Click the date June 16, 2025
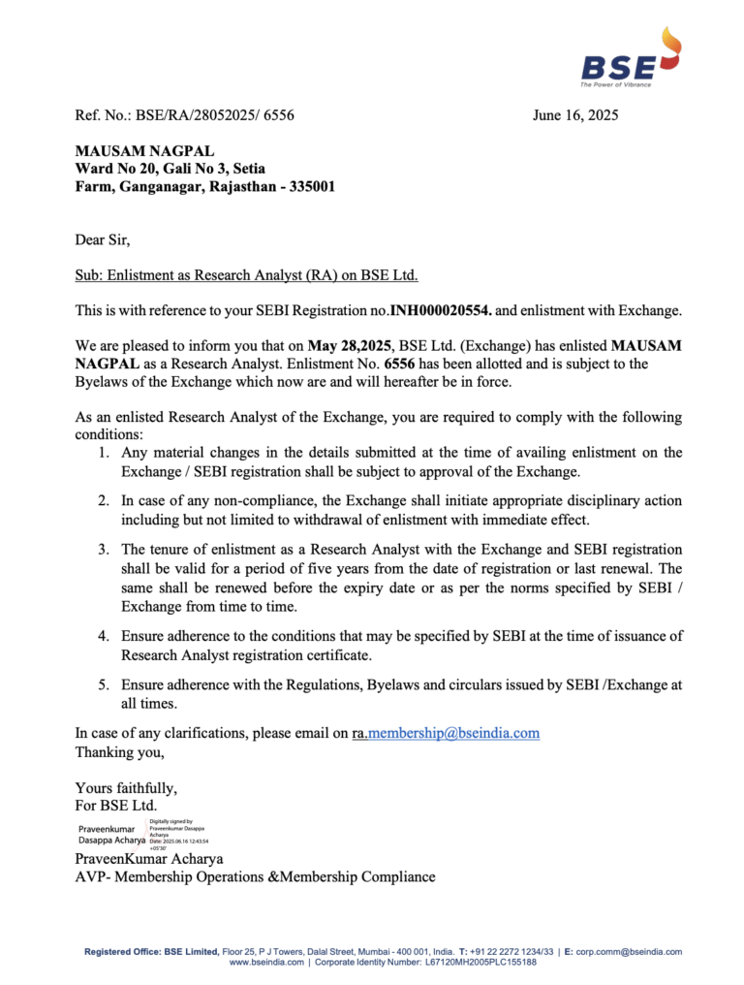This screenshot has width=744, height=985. coord(574,115)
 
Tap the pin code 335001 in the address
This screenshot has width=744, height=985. coord(309,186)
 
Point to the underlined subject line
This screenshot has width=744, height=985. coord(246,275)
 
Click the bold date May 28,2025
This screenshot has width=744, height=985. coord(349,345)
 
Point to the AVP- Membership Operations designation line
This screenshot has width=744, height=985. coord(255,876)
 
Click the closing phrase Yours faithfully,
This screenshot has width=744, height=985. coord(126,787)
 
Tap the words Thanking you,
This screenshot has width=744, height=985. coord(119,751)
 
